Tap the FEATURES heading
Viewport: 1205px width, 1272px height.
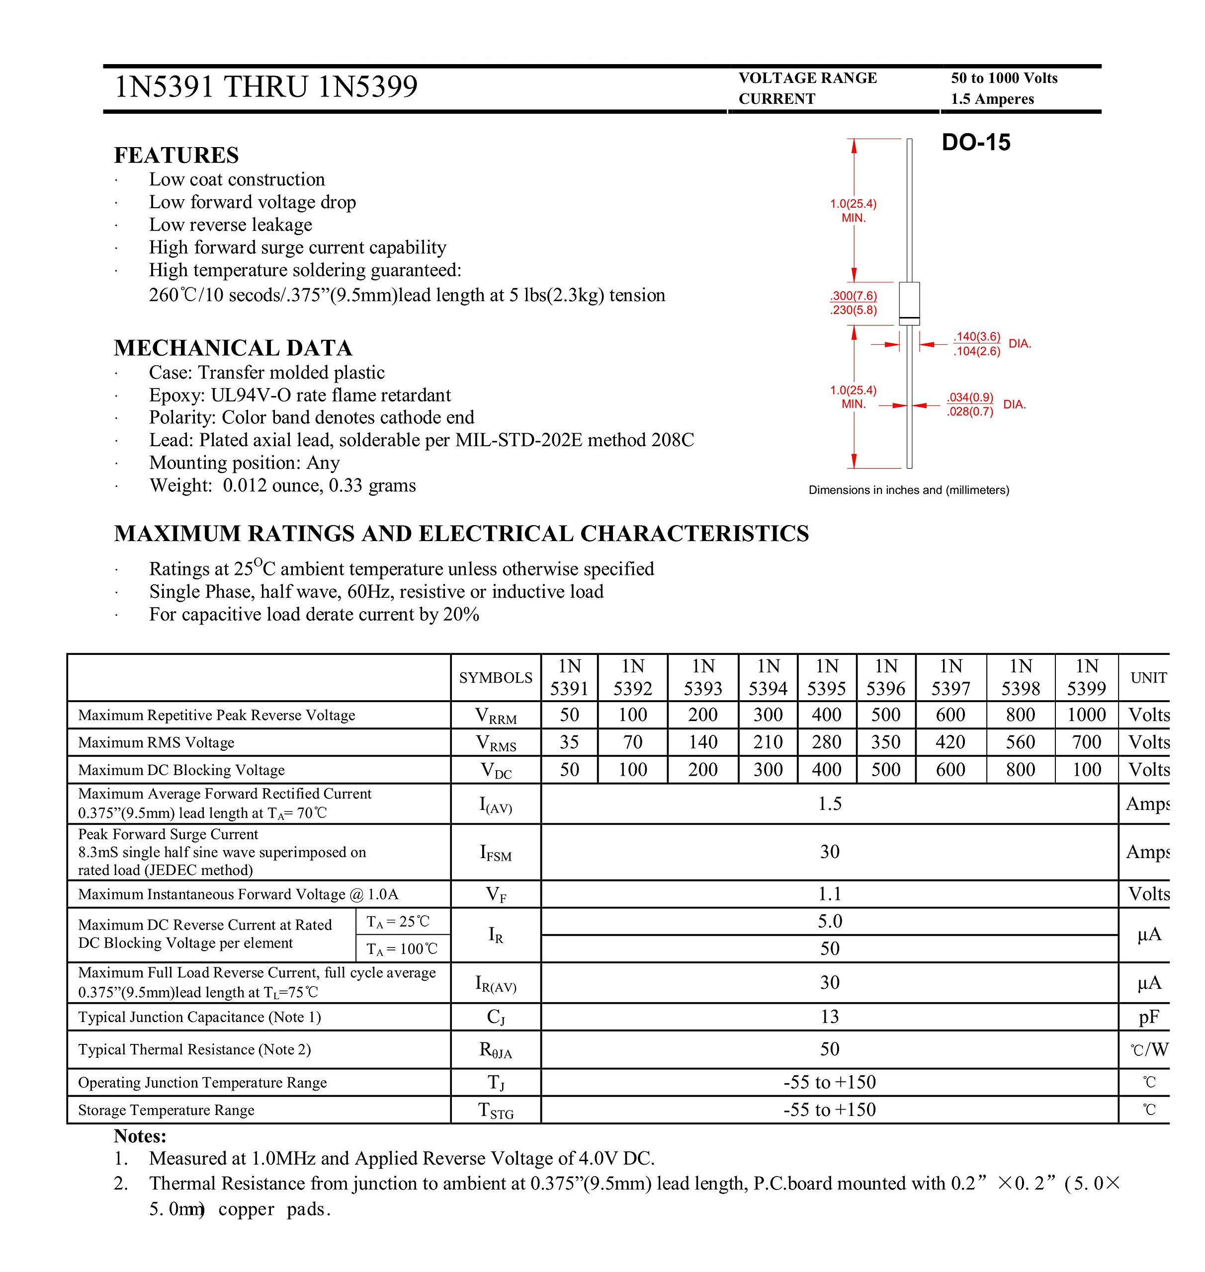176,156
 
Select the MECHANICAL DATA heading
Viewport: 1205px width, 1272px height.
233,348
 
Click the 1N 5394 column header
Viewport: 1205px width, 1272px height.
768,677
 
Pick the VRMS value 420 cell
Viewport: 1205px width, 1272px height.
950,742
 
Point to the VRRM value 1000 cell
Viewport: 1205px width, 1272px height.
1086,715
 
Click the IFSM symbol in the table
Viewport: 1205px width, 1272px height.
495,853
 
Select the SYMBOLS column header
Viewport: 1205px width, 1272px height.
495,677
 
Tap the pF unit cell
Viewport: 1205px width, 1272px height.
1148,1017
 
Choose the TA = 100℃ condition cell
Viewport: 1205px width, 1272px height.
402,949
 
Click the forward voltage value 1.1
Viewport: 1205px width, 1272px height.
829,894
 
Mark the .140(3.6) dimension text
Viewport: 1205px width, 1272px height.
976,336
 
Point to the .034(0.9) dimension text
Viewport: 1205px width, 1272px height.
969,397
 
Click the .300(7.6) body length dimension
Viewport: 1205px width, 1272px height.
853,296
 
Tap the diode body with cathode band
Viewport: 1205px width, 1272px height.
909,304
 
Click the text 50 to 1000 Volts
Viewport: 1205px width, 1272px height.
1003,79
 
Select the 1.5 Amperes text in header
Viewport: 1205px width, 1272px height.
992,99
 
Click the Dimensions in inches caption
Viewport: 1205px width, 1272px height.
908,490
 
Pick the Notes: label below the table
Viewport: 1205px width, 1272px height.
140,1136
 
